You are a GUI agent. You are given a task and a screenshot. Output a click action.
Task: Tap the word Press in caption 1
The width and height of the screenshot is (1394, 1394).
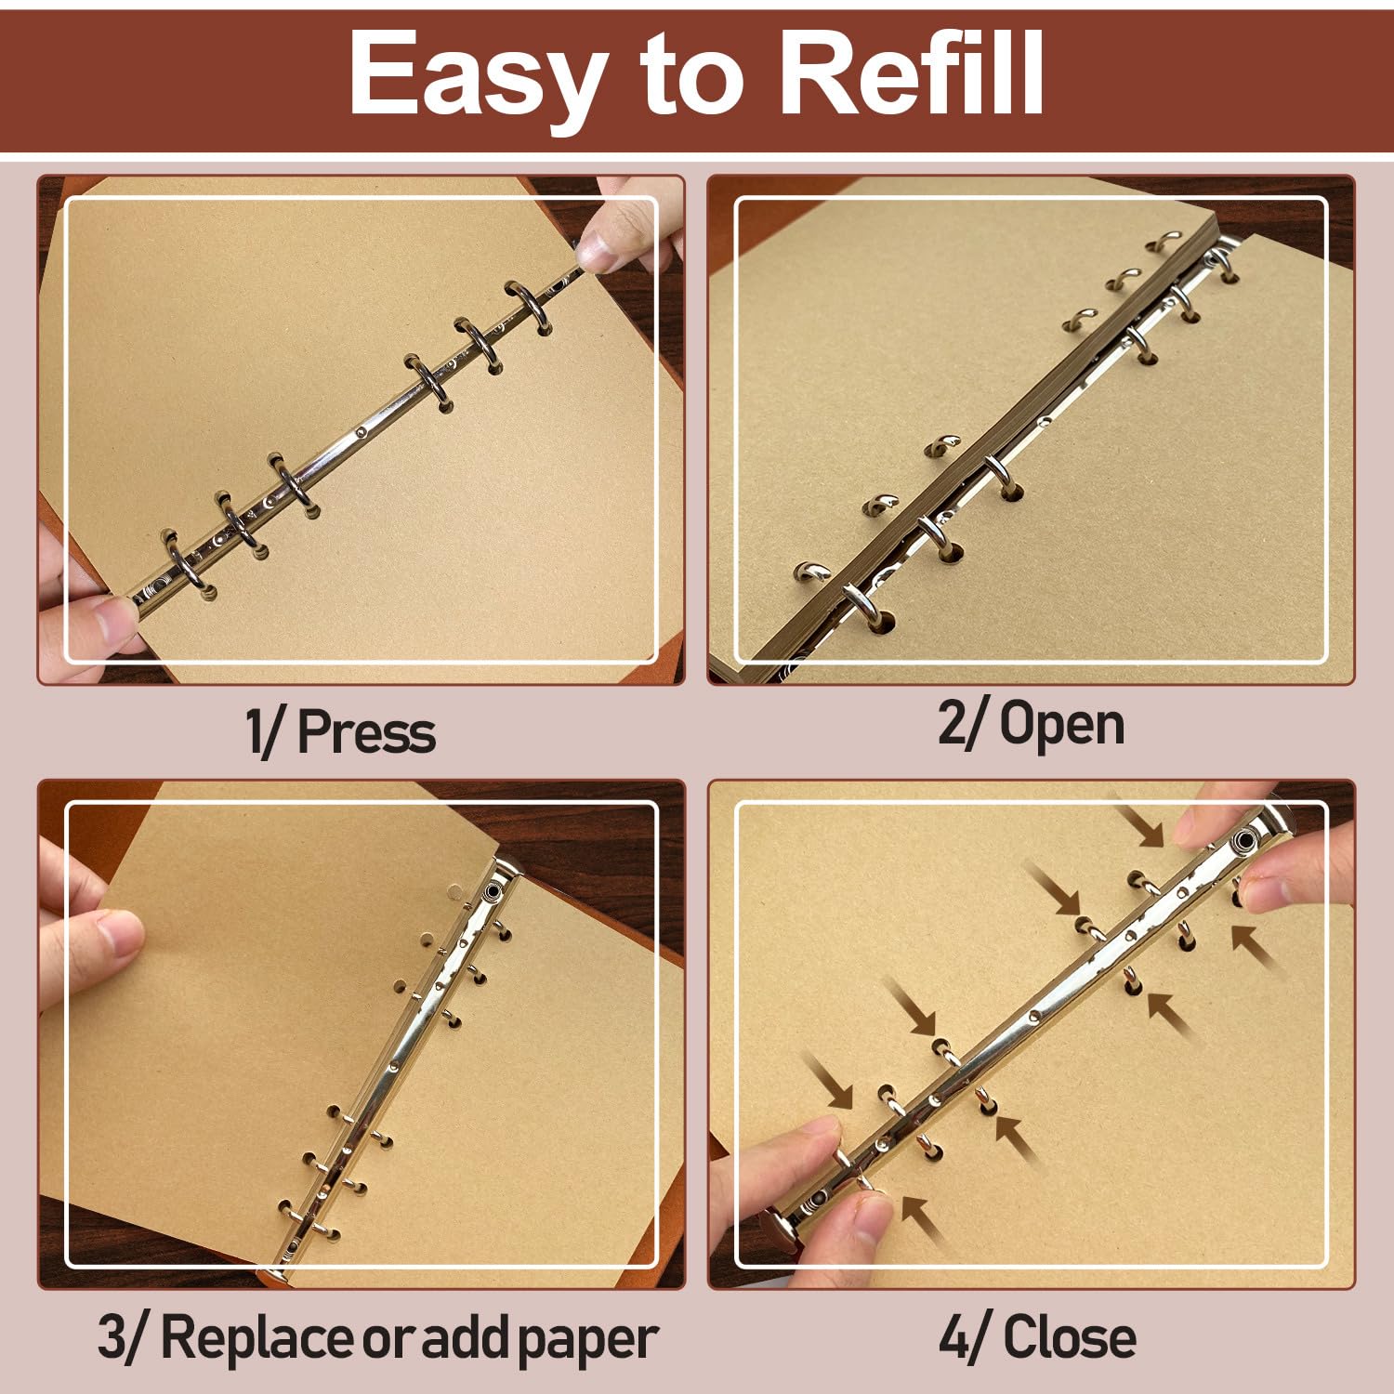[366, 734]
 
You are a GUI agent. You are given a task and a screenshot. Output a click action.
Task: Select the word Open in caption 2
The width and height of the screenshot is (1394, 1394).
[1061, 726]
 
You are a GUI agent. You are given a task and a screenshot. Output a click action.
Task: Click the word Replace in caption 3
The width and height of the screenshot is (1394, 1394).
[258, 1338]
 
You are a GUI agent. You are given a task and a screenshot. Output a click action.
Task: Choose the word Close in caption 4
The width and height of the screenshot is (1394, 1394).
[1070, 1337]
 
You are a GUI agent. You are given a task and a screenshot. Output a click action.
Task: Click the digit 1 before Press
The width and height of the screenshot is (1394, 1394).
[255, 731]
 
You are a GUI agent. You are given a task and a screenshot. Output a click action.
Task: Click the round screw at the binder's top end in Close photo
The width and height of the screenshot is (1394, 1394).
[1243, 842]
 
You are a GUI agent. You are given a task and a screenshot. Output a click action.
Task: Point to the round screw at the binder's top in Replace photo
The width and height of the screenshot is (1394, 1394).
[490, 894]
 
